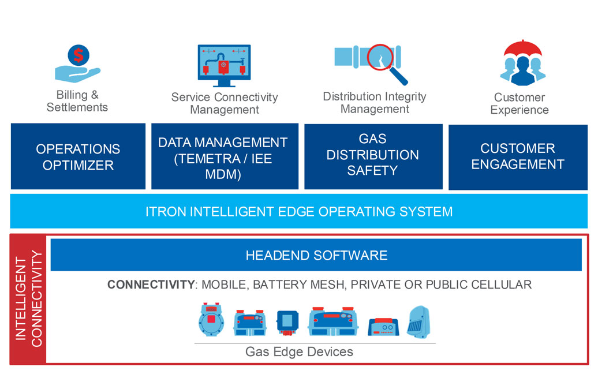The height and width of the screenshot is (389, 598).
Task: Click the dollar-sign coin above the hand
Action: pos(78,56)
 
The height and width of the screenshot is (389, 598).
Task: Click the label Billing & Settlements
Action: pos(77,101)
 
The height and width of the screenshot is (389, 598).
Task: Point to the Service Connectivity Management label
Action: pos(225,103)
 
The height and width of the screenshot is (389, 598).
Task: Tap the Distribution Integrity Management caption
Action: pos(374,102)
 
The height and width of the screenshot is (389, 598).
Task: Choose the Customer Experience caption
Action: pos(519,103)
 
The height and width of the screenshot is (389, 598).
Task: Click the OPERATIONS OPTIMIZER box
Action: pos(78,156)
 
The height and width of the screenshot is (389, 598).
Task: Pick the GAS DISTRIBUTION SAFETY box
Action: pos(372,155)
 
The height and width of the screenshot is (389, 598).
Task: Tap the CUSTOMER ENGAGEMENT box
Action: pos(517,156)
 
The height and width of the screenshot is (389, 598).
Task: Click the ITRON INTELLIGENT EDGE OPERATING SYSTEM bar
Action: pos(299,211)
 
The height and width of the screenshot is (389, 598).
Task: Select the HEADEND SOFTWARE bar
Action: pos(316,255)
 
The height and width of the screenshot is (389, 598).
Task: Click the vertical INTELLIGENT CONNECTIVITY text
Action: pos(28,299)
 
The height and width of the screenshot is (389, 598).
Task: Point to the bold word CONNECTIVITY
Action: pos(151,285)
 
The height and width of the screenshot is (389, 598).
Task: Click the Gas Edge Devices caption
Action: pos(299,351)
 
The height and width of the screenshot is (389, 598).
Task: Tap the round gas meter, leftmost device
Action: pos(211,320)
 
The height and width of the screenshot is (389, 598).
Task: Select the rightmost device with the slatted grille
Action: pos(418,322)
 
